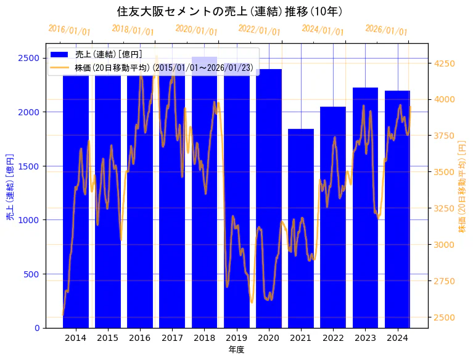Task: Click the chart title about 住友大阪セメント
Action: click(x=229, y=12)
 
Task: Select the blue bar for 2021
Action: click(x=301, y=228)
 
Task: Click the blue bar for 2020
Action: click(x=269, y=197)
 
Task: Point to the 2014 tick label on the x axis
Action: click(x=76, y=338)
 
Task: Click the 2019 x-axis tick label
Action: click(x=237, y=338)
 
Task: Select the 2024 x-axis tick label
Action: click(x=398, y=338)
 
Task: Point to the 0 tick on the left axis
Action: click(x=38, y=328)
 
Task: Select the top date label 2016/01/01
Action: click(x=69, y=30)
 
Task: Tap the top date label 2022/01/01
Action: click(x=259, y=30)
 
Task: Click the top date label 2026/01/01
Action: click(x=386, y=30)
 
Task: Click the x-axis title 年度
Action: click(x=236, y=350)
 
